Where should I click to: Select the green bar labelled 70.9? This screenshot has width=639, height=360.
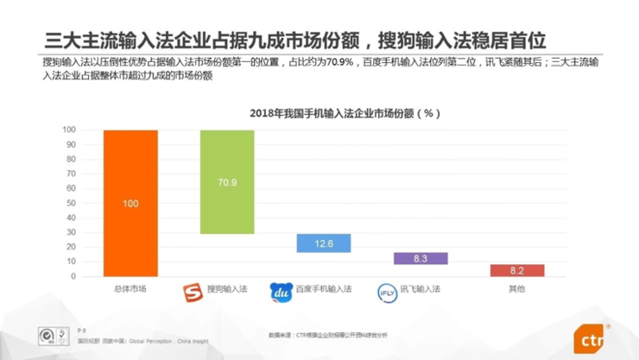[x=227, y=181]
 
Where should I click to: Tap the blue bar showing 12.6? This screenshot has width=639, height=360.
[x=324, y=243]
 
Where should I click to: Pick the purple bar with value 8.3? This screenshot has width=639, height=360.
[x=421, y=258]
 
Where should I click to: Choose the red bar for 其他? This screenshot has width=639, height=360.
[x=517, y=270]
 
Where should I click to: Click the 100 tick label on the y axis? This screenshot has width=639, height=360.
[x=68, y=129]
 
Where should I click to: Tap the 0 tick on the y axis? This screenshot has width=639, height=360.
[x=73, y=277]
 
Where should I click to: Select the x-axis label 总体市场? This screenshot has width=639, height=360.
[x=130, y=289]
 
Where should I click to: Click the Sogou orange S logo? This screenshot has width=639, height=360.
[x=193, y=290]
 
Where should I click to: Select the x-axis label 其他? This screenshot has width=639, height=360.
[x=516, y=289]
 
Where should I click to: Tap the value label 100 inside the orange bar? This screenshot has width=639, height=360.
[x=130, y=203]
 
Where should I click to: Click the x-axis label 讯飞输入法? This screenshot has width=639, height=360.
[x=422, y=289]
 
